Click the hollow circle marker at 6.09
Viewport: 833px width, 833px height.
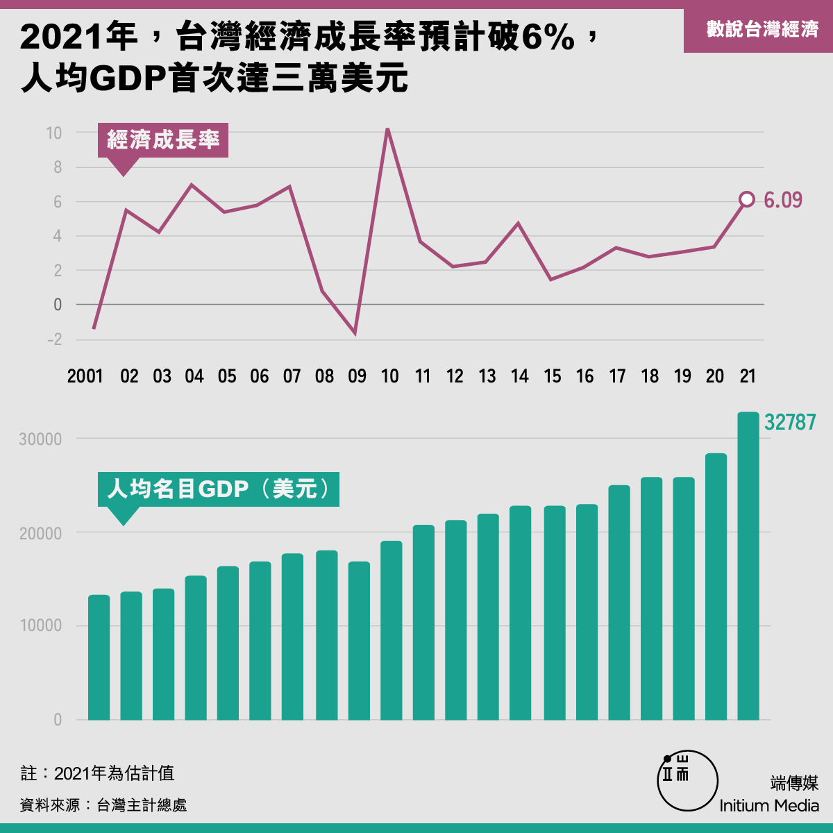click(x=747, y=200)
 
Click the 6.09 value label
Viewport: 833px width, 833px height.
click(x=783, y=201)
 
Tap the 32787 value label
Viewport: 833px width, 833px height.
click(x=790, y=422)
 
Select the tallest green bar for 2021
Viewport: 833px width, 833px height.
click(x=748, y=566)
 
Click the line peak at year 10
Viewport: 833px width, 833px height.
click(x=387, y=129)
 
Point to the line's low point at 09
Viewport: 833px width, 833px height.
click(x=355, y=334)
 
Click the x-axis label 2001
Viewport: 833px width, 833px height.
click(x=85, y=376)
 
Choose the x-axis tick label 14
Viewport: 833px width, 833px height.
click(x=519, y=376)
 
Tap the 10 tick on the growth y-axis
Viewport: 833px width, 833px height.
click(x=53, y=133)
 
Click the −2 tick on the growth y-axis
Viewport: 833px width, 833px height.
click(x=54, y=339)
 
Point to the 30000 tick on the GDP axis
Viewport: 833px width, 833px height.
click(x=40, y=439)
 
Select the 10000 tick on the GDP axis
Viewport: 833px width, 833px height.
click(x=40, y=626)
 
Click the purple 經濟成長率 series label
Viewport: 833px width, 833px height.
click(x=163, y=140)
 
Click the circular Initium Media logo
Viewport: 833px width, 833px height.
click(x=687, y=781)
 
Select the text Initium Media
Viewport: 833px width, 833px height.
click(x=769, y=806)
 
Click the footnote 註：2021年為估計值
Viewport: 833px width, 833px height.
click(x=98, y=773)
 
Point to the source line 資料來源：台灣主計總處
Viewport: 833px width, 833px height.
click(x=103, y=805)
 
